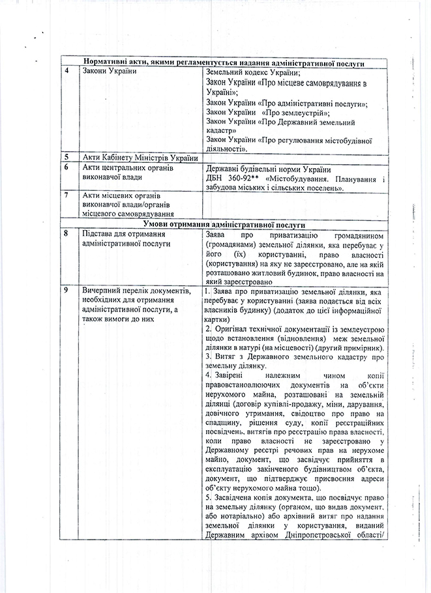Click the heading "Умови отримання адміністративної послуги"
pyautogui.click(x=224, y=222)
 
